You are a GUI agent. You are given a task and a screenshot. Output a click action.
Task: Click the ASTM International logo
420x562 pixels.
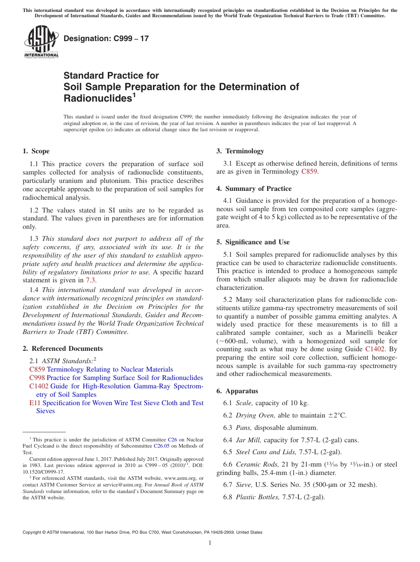tap(41, 42)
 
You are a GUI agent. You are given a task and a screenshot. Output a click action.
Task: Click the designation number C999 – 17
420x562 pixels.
tap(106, 39)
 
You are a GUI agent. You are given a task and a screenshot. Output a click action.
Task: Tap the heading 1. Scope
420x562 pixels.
tap(36, 151)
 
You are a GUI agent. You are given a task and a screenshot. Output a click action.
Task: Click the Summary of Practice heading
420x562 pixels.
tap(254, 189)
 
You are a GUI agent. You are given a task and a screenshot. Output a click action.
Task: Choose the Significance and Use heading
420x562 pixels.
tap(253, 242)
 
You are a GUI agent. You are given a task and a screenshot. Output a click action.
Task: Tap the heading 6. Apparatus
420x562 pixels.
tap(237, 391)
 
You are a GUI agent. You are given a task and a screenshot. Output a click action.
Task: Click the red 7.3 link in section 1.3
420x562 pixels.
tap(91, 280)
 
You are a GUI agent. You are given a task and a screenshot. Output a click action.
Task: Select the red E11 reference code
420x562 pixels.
tap(34, 403)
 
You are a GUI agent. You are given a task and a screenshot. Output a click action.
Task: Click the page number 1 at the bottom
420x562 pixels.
tap(210, 543)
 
